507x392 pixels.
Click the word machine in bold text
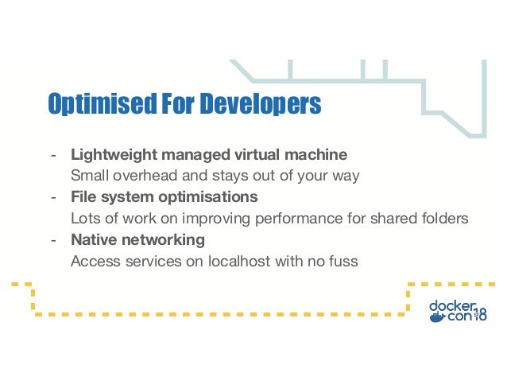click(x=319, y=153)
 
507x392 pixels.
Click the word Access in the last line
click(x=92, y=261)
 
